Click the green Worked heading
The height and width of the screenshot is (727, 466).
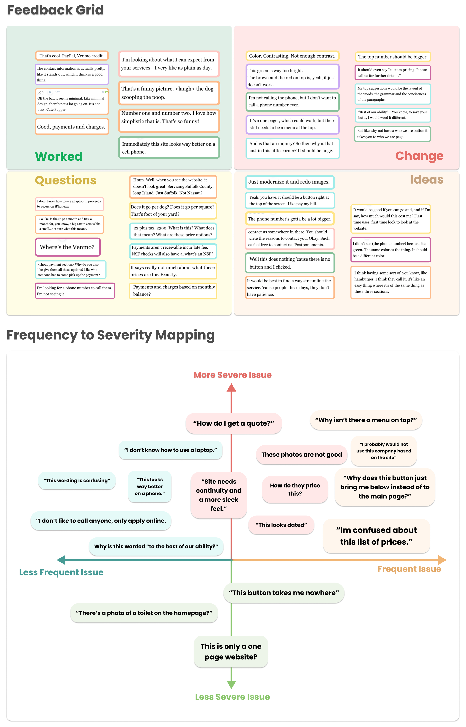coord(59,156)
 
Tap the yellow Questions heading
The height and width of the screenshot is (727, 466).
coord(66,180)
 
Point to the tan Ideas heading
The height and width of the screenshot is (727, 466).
coord(427,179)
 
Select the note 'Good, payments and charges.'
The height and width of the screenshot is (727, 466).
coord(71,127)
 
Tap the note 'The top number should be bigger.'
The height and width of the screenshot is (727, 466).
coord(393,57)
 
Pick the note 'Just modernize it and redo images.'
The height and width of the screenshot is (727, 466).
coord(289,182)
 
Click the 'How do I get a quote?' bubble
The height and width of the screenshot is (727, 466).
coord(234,423)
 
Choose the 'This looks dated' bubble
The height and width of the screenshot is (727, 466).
coord(281,525)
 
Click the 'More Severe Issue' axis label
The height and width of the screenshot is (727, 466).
coord(232,375)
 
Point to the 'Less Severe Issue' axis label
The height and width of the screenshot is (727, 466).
coord(232,697)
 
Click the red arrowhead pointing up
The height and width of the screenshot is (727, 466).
coord(232,388)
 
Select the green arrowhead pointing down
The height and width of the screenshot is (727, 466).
coord(232,684)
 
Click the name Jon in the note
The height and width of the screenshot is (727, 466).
coord(41,92)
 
